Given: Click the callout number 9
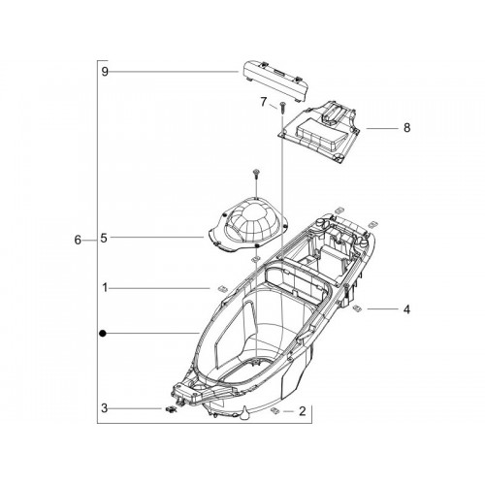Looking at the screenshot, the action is [x=105, y=72].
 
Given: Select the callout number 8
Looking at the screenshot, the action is [x=406, y=128].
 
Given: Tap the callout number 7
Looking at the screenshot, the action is [x=264, y=102].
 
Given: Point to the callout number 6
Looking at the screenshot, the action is [x=78, y=241].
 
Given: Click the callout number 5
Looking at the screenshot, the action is [x=104, y=238].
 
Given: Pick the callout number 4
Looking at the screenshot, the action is [x=406, y=309].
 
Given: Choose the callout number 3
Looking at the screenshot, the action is [x=104, y=408].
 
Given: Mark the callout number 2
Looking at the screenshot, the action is [x=303, y=411].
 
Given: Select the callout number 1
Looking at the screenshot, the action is [x=105, y=287].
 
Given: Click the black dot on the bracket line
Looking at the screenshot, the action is [x=103, y=333].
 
